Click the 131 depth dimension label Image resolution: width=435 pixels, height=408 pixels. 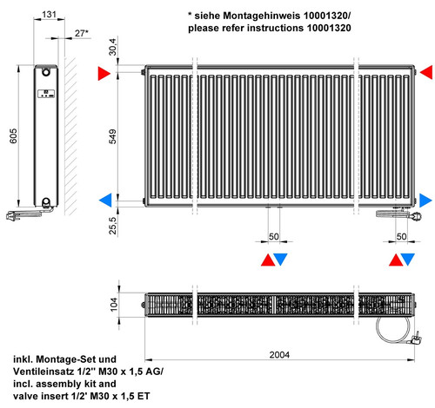click(x=49, y=14)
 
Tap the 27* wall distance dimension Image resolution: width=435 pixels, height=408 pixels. click(x=82, y=33)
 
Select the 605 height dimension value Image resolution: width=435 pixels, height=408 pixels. click(x=13, y=135)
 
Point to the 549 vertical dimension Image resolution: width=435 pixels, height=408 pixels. click(x=112, y=136)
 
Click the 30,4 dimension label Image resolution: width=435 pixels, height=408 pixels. click(x=112, y=47)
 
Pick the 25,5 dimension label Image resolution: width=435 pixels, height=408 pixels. click(x=112, y=226)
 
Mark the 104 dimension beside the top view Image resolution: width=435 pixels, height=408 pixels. click(x=114, y=305)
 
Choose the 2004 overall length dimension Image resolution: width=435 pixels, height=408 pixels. click(x=279, y=354)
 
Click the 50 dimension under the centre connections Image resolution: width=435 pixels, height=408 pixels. click(x=273, y=236)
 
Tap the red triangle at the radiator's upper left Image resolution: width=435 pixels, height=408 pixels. click(x=104, y=73)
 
